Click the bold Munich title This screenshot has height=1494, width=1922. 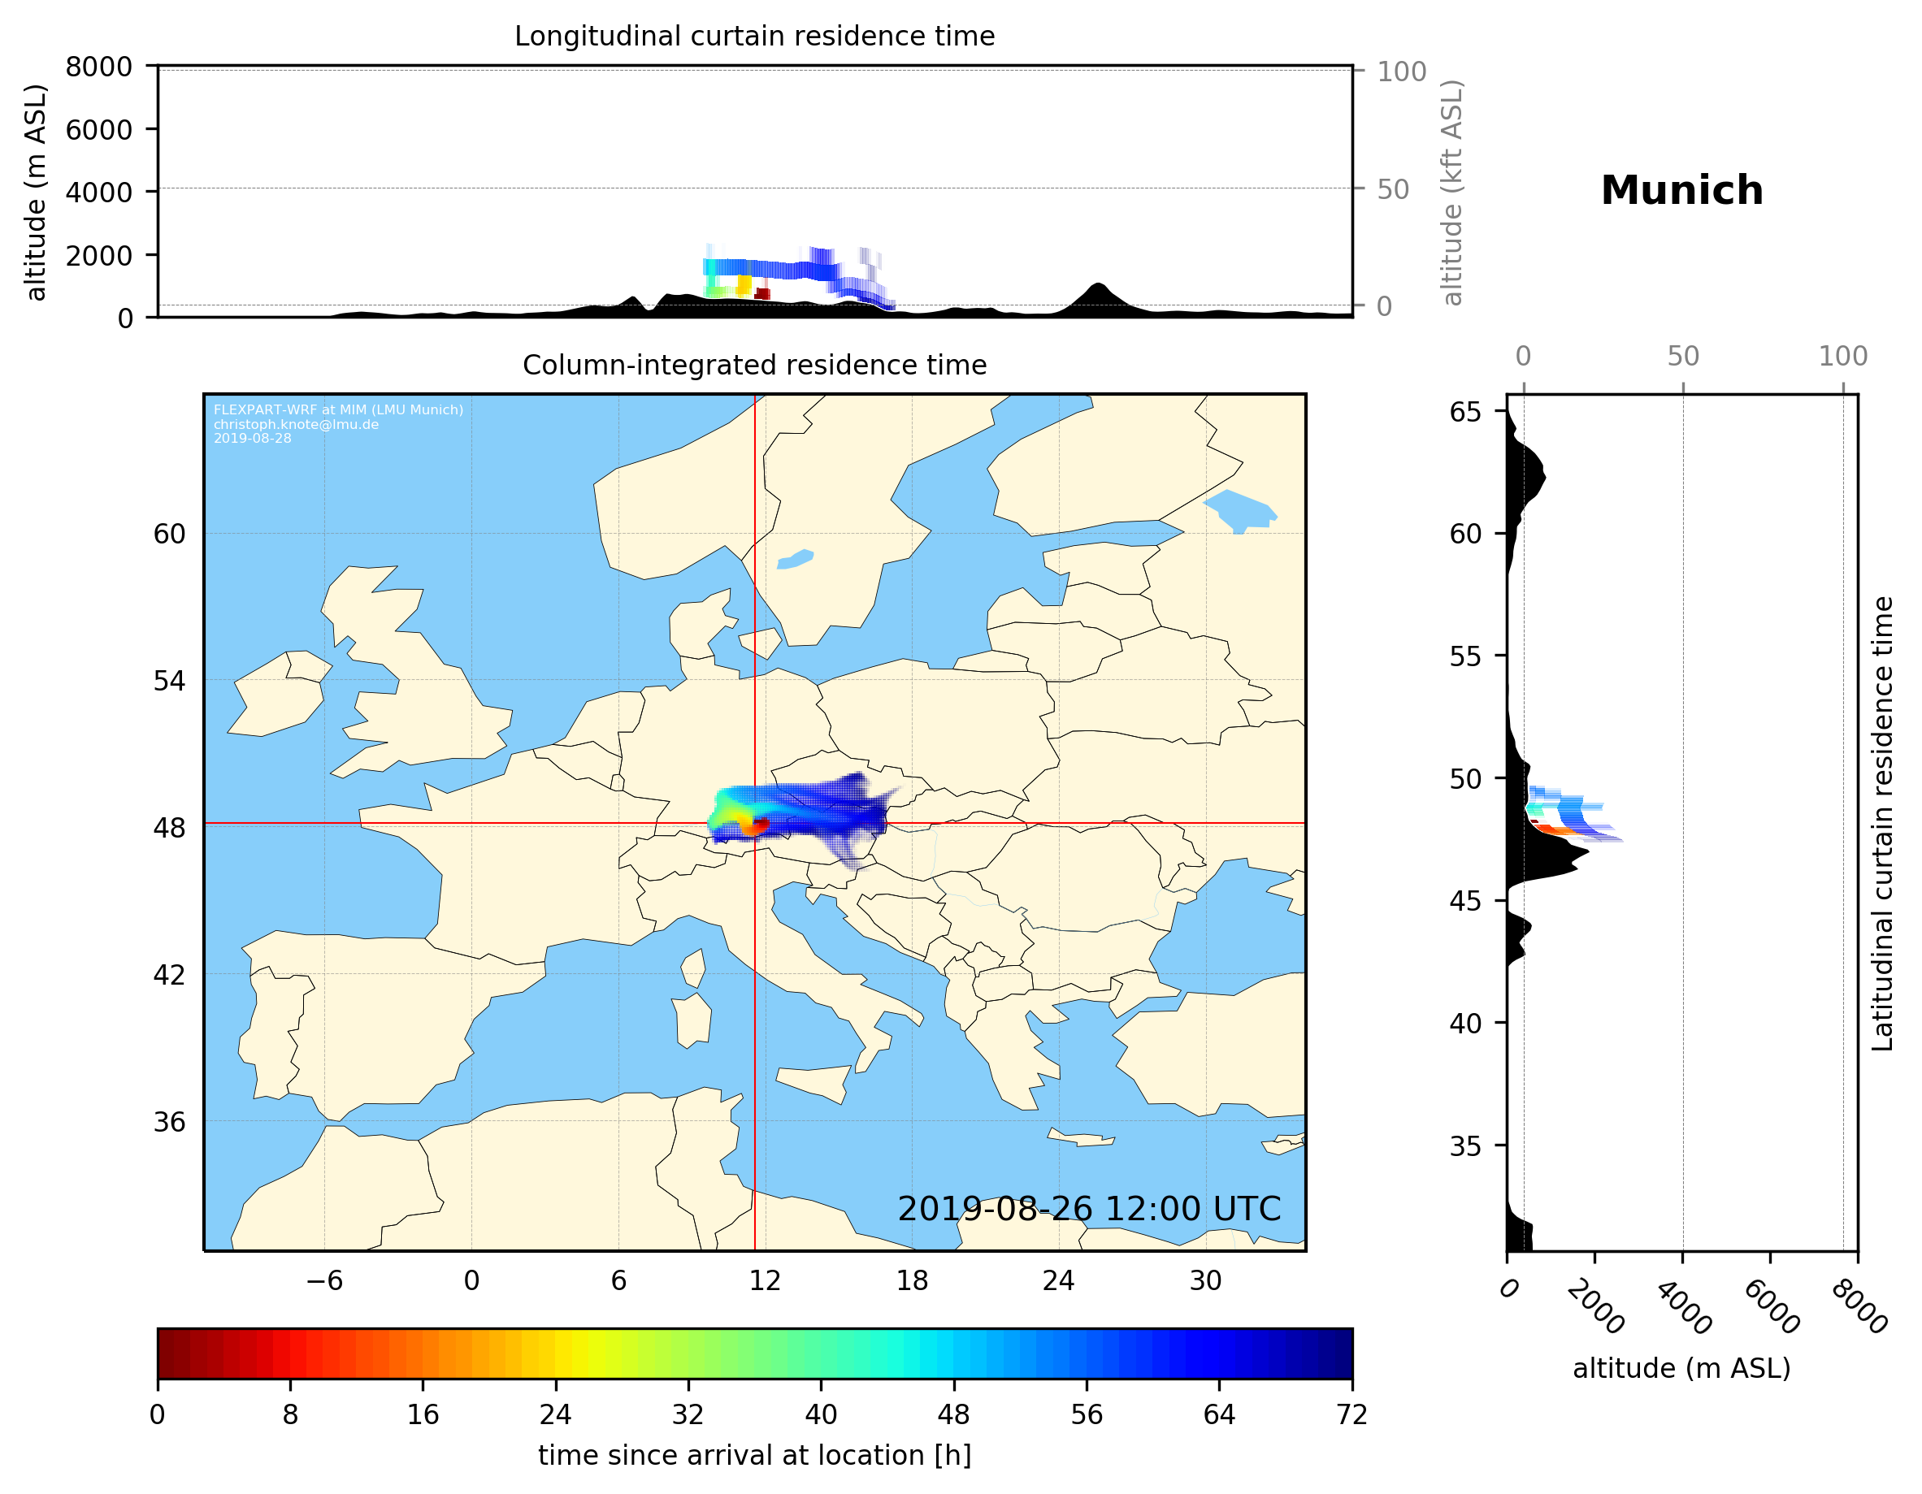1681,191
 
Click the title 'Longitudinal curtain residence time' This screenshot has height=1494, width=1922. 754,36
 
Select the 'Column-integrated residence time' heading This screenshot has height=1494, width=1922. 754,365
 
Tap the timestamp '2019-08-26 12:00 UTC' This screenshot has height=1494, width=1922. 1089,1209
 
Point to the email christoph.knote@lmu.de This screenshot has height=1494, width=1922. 296,424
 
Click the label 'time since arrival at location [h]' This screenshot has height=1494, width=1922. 754,1455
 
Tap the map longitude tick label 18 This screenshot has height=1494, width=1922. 912,1280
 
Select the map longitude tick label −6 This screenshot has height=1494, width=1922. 323,1280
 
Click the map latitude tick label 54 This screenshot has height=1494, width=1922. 169,681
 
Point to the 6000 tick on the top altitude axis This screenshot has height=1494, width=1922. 98,129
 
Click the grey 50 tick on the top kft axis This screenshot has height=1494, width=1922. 1392,189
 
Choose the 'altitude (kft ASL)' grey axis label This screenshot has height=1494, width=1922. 1451,193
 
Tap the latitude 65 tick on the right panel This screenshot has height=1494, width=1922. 1465,412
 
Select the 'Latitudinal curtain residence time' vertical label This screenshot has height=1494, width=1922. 1881,823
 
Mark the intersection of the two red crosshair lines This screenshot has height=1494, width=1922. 754,824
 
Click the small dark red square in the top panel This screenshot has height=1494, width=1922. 762,293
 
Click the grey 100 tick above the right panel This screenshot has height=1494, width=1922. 1843,357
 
